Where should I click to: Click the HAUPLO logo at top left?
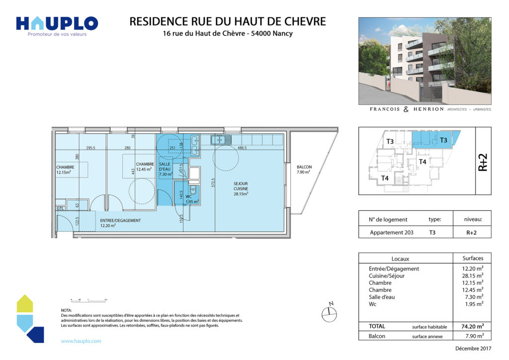[57, 23]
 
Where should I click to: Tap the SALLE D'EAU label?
[166, 169]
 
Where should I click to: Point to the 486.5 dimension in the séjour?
[243, 148]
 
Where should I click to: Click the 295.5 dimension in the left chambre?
[90, 148]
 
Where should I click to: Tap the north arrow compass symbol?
[329, 312]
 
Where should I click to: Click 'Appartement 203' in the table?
[392, 232]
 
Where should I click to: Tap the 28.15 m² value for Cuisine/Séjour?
[473, 275]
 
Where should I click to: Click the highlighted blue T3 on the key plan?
[443, 141]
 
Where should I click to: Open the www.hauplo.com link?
[81, 341]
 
